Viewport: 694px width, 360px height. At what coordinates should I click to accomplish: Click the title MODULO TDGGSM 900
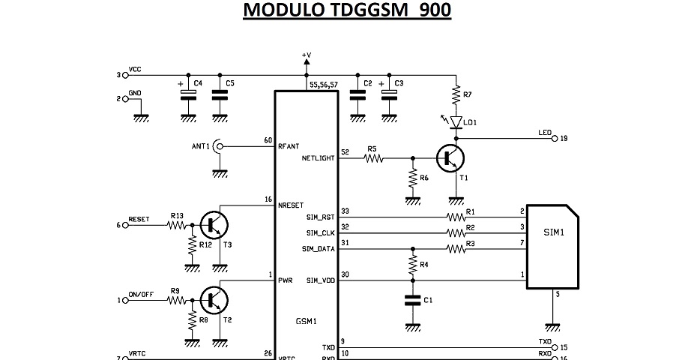tap(347, 11)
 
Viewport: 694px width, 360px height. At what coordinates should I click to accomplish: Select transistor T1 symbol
tap(450, 158)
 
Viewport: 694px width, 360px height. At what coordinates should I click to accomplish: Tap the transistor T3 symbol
tap(215, 223)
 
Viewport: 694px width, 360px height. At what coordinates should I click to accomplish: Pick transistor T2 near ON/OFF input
tap(215, 300)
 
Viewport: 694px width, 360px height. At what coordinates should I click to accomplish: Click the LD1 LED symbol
tap(456, 121)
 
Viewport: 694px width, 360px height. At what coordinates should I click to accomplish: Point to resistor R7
tap(456, 95)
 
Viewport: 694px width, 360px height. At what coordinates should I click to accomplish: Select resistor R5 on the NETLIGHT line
tap(372, 158)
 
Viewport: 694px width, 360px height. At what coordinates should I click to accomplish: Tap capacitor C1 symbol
tap(411, 300)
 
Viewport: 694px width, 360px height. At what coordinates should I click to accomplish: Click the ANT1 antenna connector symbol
tap(219, 146)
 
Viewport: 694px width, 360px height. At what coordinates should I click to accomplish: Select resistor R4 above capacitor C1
tap(411, 264)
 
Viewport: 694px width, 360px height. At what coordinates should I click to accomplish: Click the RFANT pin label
tap(289, 146)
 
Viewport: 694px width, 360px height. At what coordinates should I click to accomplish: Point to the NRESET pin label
tap(291, 205)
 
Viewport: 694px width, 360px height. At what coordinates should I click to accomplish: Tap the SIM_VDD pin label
tap(321, 280)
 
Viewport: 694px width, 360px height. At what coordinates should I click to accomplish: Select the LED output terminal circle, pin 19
tap(555, 138)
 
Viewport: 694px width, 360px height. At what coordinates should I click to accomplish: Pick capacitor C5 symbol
tap(219, 95)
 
